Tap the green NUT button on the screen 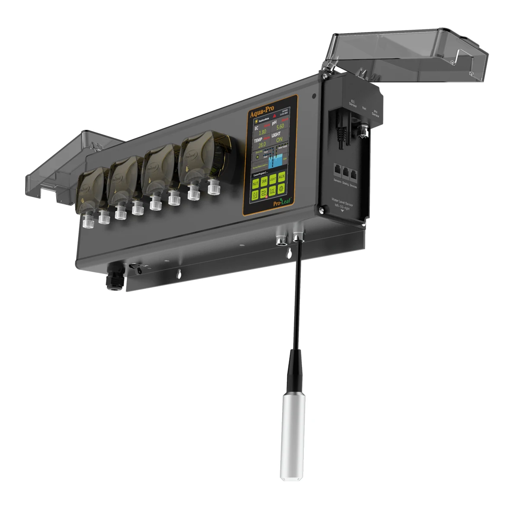click(256, 183)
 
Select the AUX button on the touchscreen click(282, 177)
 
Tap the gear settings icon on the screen click(281, 189)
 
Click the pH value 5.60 click(280, 126)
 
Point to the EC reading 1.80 click(262, 132)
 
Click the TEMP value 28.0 click(262, 144)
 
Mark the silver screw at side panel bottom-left click(322, 211)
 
